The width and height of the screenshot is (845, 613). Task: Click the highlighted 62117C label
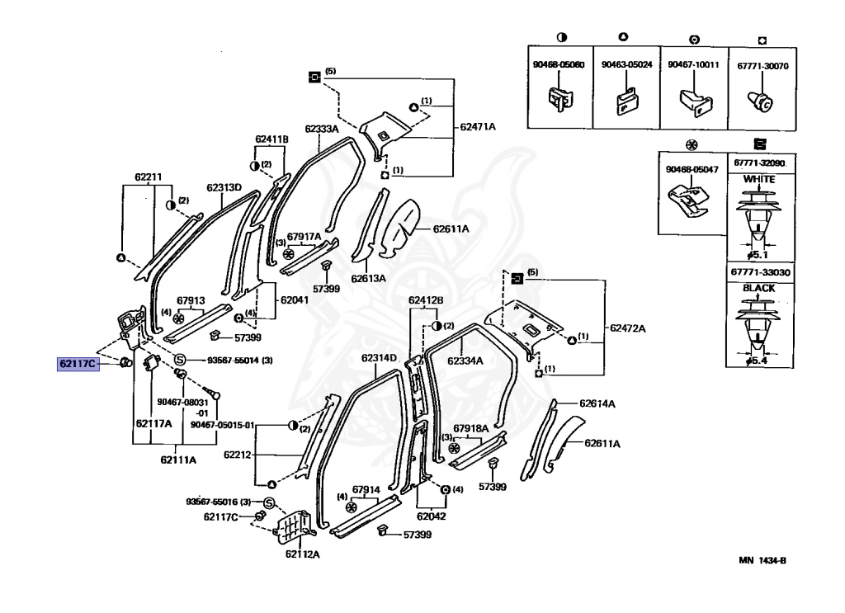pyautogui.click(x=78, y=363)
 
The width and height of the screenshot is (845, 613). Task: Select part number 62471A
pyautogui.click(x=478, y=126)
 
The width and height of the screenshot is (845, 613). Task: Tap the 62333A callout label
pyautogui.click(x=321, y=129)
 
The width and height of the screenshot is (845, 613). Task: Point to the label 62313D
pyautogui.click(x=224, y=187)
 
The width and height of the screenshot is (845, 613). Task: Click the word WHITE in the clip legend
pyautogui.click(x=759, y=178)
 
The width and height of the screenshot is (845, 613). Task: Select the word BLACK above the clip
pyautogui.click(x=759, y=288)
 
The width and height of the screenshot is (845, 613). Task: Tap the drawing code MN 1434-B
pyautogui.click(x=762, y=560)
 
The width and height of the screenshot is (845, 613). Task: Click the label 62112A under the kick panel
pyautogui.click(x=302, y=554)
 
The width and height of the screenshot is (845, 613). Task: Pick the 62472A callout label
pyautogui.click(x=628, y=328)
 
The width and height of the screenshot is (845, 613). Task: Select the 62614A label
pyautogui.click(x=598, y=403)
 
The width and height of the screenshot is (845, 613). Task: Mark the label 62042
pyautogui.click(x=430, y=516)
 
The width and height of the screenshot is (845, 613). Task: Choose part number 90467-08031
pyautogui.click(x=179, y=402)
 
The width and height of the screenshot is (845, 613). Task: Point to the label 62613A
pyautogui.click(x=368, y=279)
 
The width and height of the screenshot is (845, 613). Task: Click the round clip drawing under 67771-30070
pyautogui.click(x=761, y=102)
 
